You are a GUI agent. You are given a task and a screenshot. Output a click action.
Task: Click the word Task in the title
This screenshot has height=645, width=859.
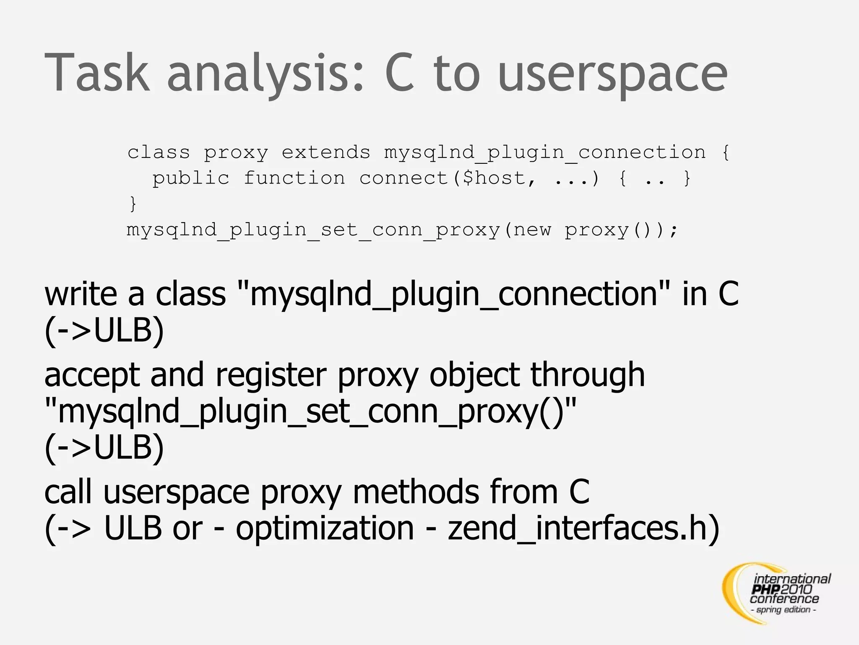97,72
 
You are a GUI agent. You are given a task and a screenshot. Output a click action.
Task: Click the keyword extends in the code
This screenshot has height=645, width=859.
326,152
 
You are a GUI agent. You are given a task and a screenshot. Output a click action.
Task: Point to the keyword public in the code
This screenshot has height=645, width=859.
191,178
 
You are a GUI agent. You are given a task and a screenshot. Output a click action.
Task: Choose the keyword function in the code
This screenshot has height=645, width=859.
294,178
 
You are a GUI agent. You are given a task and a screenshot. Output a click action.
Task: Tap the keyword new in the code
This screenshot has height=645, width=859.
532,230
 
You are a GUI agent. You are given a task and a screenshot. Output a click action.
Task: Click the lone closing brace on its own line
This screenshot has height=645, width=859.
133,204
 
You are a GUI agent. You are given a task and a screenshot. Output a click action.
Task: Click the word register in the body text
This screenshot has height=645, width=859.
271,375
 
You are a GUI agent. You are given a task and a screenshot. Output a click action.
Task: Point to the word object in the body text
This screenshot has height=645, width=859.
474,375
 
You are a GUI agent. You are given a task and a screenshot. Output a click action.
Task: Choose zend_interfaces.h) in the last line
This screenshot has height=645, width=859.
583,528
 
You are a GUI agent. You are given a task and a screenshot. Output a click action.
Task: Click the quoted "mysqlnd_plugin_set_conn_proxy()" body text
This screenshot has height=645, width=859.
310,412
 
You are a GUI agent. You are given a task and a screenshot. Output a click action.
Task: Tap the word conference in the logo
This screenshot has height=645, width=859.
784,598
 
